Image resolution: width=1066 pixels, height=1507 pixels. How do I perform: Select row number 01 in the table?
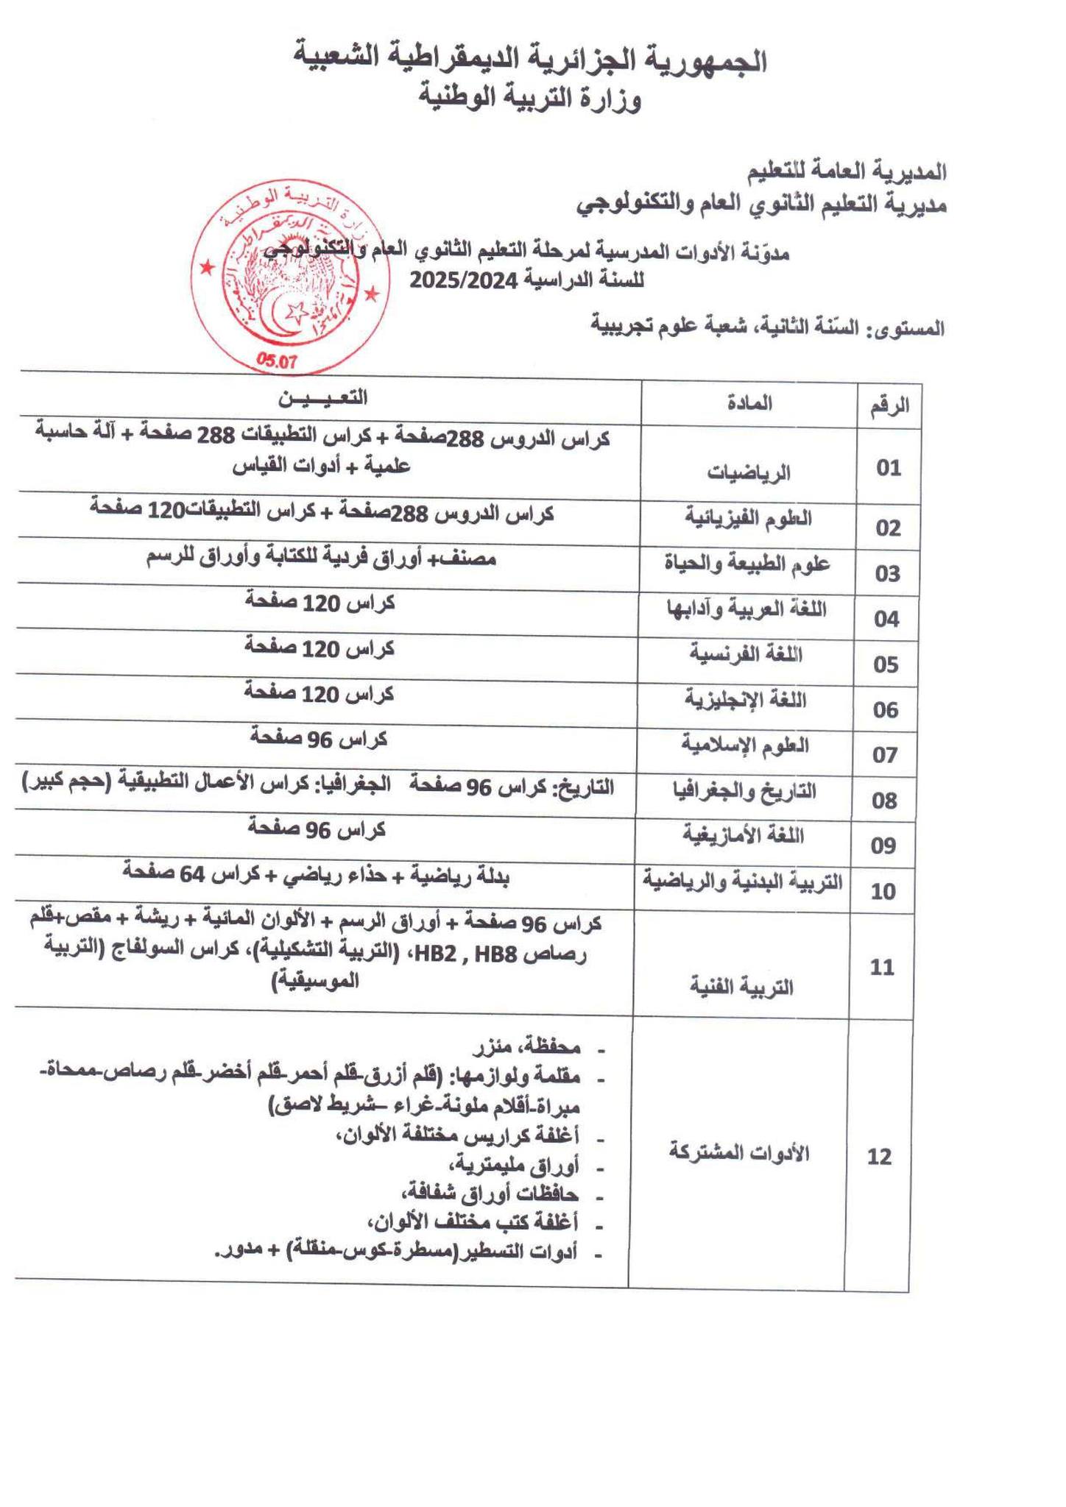[889, 468]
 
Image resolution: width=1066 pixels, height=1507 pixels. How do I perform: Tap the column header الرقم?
[889, 405]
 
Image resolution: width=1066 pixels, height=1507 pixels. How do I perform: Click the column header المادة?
[749, 403]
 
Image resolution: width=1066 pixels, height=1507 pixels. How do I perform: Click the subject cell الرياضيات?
[749, 472]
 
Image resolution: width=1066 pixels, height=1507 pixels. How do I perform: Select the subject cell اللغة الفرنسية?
[746, 654]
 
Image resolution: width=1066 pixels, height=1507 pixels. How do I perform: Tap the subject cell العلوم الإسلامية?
[745, 745]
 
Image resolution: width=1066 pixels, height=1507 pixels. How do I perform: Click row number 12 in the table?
[880, 1157]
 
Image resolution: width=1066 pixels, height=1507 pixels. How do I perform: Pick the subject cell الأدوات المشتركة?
[738, 1152]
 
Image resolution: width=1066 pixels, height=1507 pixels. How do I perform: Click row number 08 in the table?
[884, 801]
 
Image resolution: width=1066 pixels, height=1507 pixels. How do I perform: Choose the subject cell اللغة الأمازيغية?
[744, 836]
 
